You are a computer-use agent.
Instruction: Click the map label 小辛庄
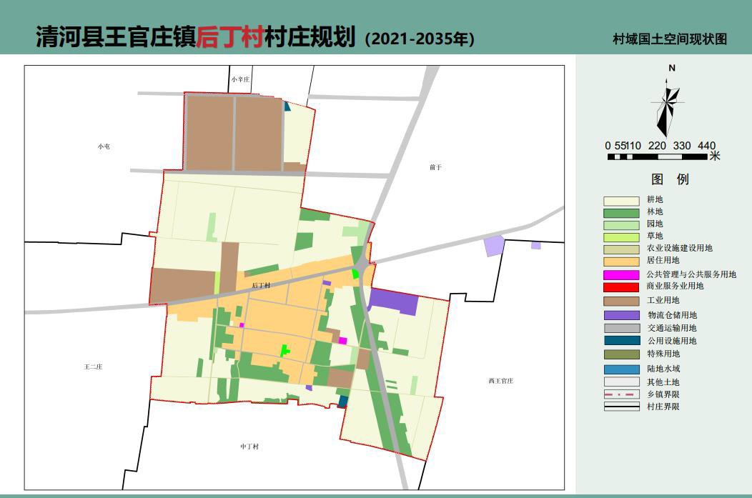click(x=240, y=79)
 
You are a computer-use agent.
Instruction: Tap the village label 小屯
click(x=104, y=146)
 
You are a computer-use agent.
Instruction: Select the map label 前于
click(x=436, y=167)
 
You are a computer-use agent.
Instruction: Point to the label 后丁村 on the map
click(x=261, y=286)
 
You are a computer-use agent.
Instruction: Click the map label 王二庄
click(x=94, y=367)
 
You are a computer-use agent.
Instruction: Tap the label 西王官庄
click(x=501, y=381)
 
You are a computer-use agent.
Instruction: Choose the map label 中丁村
click(x=249, y=447)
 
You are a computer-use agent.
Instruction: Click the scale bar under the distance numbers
click(x=658, y=156)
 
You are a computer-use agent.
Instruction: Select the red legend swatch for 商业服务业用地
click(x=621, y=287)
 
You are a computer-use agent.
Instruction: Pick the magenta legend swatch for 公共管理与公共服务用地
click(x=621, y=275)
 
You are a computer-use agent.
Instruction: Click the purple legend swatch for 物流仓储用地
click(x=621, y=315)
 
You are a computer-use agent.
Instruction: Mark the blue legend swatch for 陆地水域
click(x=621, y=369)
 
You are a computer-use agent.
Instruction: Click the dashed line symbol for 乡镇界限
click(x=621, y=394)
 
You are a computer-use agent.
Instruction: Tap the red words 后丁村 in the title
click(x=230, y=36)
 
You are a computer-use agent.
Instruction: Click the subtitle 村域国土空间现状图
click(x=669, y=39)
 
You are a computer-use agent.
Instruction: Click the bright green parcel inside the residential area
click(x=285, y=350)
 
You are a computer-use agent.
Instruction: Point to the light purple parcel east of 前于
click(x=494, y=246)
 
